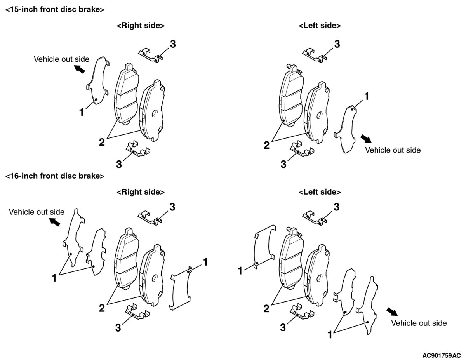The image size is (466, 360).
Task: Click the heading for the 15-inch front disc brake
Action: pyautogui.click(x=55, y=10)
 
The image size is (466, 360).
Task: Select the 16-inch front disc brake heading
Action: pyautogui.click(x=55, y=176)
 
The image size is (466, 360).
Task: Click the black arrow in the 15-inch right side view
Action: pyautogui.click(x=80, y=70)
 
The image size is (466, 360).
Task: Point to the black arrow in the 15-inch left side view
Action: pyautogui.click(x=365, y=139)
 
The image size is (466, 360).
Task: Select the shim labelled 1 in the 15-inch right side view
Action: pyautogui.click(x=96, y=83)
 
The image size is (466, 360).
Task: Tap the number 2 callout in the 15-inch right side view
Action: pyautogui.click(x=102, y=142)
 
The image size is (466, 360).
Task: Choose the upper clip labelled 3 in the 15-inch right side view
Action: pyautogui.click(x=150, y=56)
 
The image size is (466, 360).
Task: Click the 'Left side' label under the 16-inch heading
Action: pyautogui.click(x=320, y=192)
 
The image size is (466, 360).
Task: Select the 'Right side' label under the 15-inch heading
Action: pyautogui.click(x=141, y=26)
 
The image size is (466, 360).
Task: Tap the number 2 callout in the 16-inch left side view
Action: pyautogui.click(x=266, y=309)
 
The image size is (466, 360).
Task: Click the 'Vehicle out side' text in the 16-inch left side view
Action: pyautogui.click(x=419, y=323)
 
